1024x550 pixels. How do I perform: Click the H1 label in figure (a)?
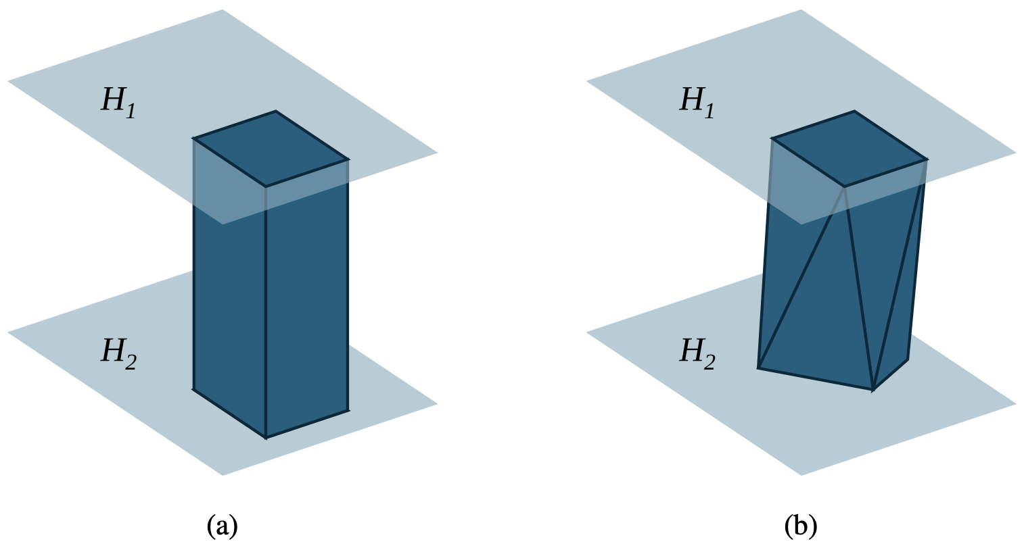tap(118, 101)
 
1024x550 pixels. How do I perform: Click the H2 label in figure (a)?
tap(118, 353)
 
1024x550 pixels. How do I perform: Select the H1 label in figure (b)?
tap(697, 101)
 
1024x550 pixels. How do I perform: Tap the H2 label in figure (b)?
tap(697, 353)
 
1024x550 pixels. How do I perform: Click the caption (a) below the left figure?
tap(222, 526)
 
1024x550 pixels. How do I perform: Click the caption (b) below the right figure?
tap(801, 526)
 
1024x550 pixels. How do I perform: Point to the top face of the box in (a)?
tap(271, 149)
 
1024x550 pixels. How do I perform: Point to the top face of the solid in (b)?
tap(850, 149)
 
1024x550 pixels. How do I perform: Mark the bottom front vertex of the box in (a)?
tap(266, 438)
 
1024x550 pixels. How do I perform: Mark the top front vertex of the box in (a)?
tap(265, 186)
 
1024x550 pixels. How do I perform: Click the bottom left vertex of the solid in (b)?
tap(759, 368)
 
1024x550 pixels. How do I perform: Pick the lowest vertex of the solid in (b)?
tap(873, 390)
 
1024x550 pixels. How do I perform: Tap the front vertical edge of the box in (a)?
tap(265, 311)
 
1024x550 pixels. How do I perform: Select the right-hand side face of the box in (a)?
tap(307, 297)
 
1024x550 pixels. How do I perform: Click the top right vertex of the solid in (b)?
tap(927, 159)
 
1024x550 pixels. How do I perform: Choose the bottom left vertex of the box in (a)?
tap(193, 390)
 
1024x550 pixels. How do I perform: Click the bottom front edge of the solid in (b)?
tap(816, 379)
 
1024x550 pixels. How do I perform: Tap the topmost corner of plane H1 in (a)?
tap(223, 9)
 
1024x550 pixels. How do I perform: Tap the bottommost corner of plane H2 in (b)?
tap(801, 475)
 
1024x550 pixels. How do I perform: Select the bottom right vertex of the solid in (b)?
tap(908, 359)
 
